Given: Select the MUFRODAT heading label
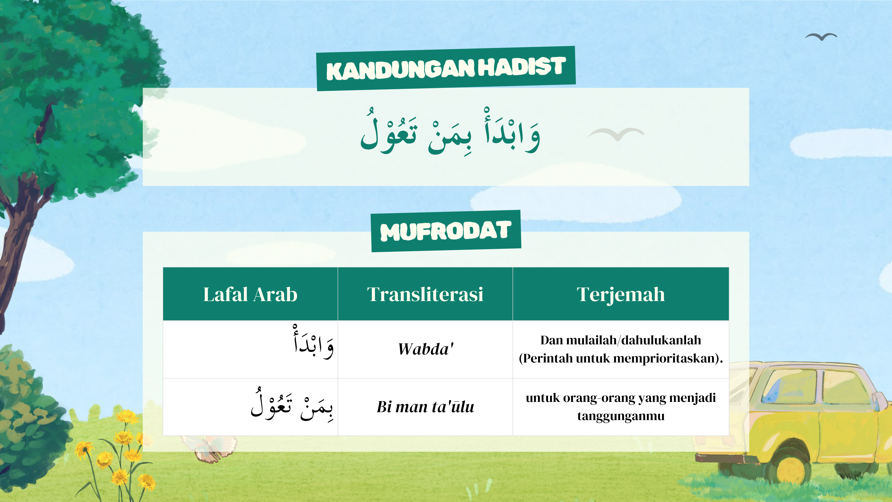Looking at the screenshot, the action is [446, 231].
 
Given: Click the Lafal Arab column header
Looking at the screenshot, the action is [250, 295].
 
